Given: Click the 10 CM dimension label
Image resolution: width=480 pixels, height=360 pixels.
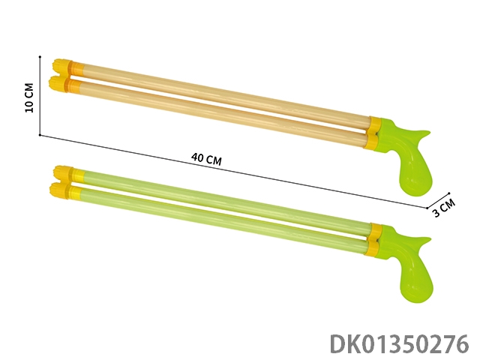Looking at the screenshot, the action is coord(29,98).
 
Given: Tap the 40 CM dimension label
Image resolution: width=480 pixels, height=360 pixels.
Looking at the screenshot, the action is coord(207,159).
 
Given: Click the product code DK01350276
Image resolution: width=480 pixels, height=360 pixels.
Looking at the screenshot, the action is coord(400,344).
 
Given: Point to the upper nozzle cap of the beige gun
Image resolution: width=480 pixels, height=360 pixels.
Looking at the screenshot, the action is coord(63,66).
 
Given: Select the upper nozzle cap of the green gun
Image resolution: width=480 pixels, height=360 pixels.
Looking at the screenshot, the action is coord(64,172).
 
